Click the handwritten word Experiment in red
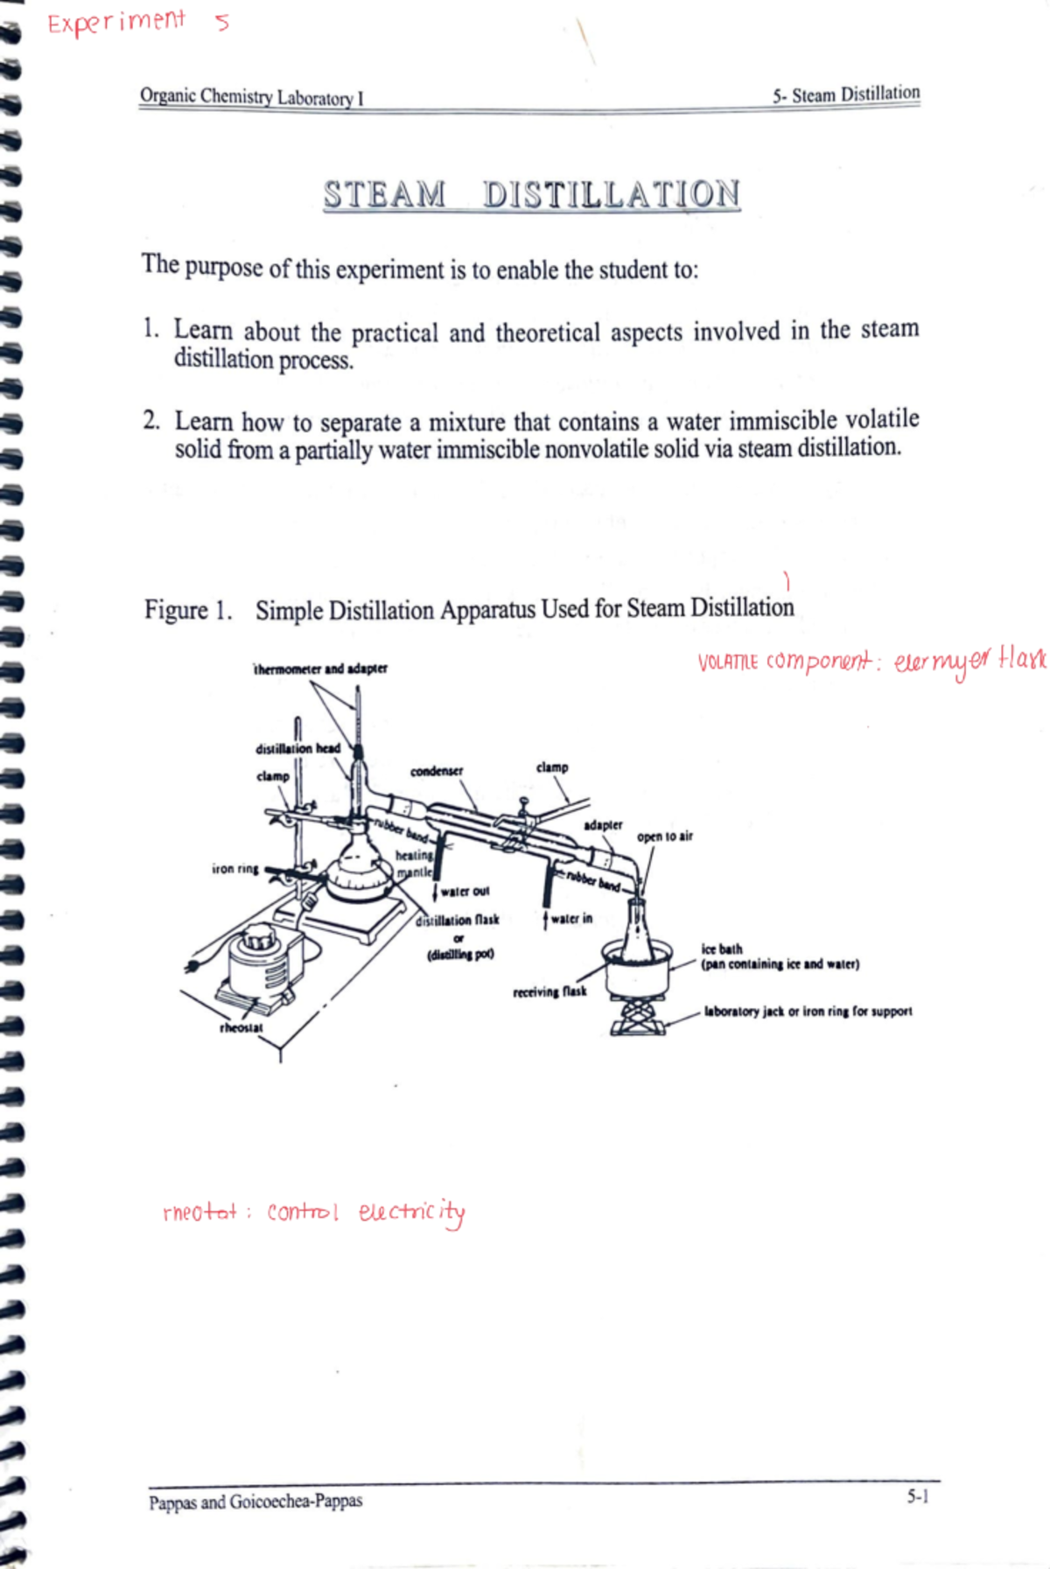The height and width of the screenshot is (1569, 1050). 115,21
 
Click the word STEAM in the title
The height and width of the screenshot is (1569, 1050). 384,194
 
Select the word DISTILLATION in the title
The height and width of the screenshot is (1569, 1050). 611,194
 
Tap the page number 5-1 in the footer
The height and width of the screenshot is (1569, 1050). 917,1496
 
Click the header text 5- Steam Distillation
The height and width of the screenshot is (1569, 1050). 845,95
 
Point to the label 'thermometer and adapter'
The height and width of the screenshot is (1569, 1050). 320,669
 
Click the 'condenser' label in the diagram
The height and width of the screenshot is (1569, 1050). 437,771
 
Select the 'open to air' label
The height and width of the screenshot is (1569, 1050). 664,836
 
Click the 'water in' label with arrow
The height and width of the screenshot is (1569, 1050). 570,918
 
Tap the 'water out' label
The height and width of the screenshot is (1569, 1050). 465,891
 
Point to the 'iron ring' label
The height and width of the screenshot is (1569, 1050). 234,869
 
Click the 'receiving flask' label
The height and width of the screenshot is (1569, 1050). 549,991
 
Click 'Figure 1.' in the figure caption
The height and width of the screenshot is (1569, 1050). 188,610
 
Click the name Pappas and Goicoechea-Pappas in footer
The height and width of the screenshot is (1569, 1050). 255,1502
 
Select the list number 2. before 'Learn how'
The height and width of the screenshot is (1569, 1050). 151,421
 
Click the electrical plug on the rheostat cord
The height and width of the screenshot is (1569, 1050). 192,966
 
